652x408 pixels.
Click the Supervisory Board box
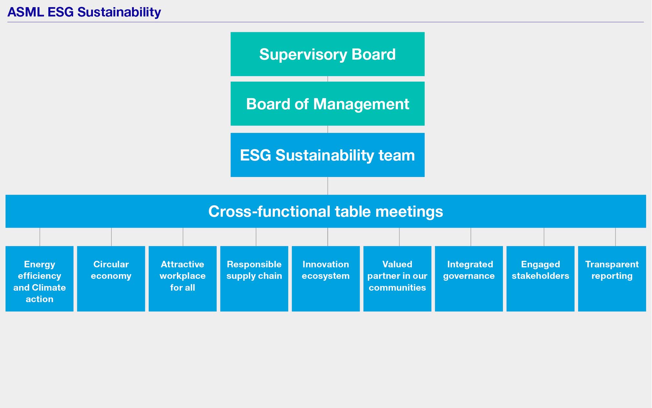click(x=327, y=54)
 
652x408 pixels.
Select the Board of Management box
click(x=327, y=103)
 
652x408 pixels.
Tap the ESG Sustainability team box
click(x=327, y=155)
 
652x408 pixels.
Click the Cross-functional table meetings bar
click(x=326, y=211)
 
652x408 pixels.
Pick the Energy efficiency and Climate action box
click(x=39, y=279)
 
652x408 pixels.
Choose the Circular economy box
click(x=111, y=279)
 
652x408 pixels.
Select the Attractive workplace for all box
click(x=182, y=279)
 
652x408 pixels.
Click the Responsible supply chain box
click(x=254, y=279)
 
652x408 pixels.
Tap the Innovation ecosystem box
click(x=326, y=279)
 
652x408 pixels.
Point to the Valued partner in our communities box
click(x=397, y=279)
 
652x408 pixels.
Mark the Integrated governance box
click(x=469, y=279)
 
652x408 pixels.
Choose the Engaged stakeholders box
click(x=540, y=279)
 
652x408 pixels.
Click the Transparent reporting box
click(x=612, y=279)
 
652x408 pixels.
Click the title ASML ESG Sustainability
click(x=84, y=12)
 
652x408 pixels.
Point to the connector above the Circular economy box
click(x=111, y=237)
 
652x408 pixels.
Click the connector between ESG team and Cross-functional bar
click(x=328, y=186)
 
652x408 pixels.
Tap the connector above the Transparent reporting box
click(x=616, y=237)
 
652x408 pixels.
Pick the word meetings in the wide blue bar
click(x=409, y=212)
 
